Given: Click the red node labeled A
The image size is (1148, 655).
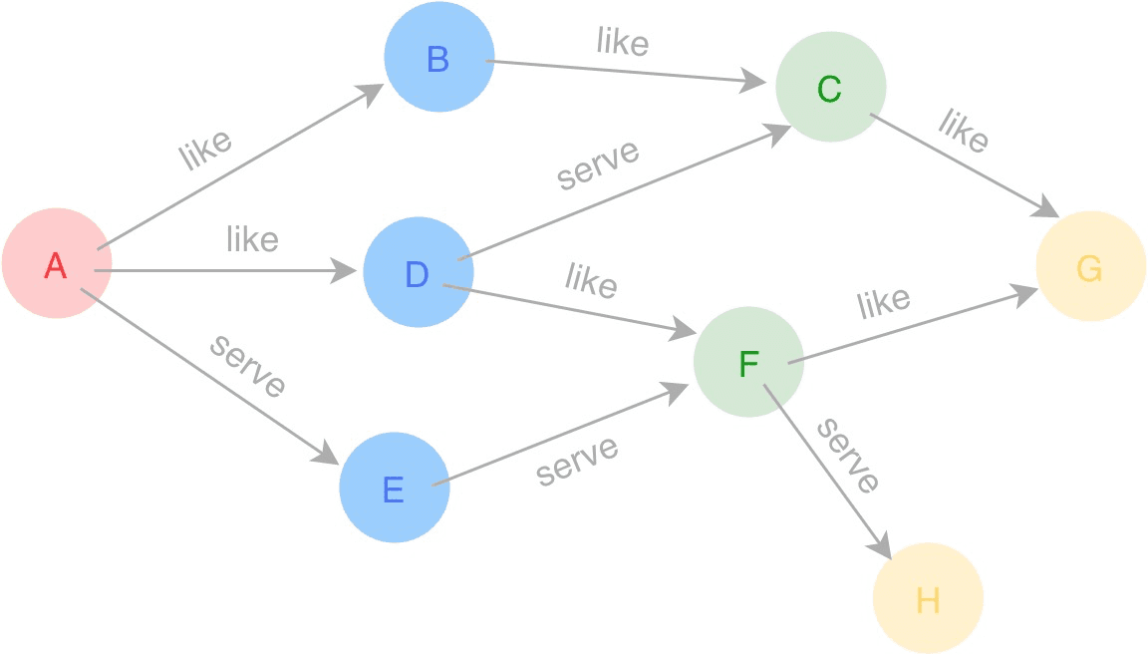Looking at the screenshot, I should coord(56,264).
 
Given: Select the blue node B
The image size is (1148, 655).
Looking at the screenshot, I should coord(438,58).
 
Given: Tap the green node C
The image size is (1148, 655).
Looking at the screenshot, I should coord(830,88).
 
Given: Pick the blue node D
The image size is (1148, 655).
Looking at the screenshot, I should coord(418,272).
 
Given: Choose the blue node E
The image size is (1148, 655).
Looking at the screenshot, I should coord(394,488).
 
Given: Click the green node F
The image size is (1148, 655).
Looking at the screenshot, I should coord(748,363).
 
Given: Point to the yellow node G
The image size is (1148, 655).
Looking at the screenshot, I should coord(1090,267).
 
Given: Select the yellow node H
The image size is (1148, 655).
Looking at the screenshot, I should coord(928,598).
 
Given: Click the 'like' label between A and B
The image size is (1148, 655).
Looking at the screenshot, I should coord(205,149).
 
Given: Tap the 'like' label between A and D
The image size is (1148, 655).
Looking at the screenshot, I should coord(252,239).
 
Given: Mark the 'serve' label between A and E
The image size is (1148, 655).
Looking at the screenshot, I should coord(248,366).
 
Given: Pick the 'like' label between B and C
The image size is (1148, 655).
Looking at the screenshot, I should coord(623,42).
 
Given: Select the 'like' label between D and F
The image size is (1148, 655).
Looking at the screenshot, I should coord(591,280).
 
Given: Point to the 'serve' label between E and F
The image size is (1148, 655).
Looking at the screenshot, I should coord(577,460).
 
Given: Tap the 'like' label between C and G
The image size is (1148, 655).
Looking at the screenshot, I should coord(964,131).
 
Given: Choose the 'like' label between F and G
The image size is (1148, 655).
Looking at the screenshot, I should coord(884,303).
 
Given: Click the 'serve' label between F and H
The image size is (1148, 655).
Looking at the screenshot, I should coord(848,456).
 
